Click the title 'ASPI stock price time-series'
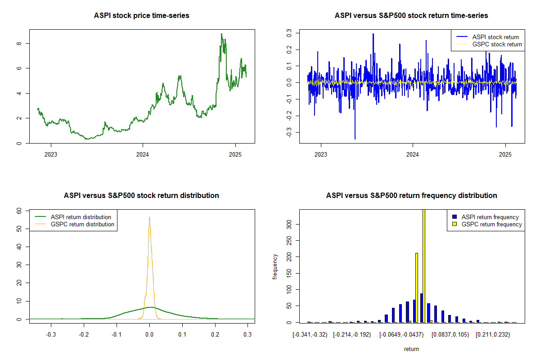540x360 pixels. pyautogui.click(x=141, y=15)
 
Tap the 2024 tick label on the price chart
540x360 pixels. pyautogui.click(x=143, y=154)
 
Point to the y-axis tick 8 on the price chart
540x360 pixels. pyautogui.click(x=19, y=43)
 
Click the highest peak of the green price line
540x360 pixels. pyautogui.click(x=221, y=34)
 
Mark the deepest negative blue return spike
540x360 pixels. pyautogui.click(x=355, y=139)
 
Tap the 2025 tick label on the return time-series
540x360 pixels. pyautogui.click(x=505, y=154)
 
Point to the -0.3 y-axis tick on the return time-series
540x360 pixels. pyautogui.click(x=289, y=132)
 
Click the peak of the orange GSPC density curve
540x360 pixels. pyautogui.click(x=149, y=217)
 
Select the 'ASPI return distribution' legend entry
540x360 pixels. pyautogui.click(x=73, y=217)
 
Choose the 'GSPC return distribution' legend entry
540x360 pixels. pyautogui.click(x=74, y=224)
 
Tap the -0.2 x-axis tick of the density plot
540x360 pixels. pyautogui.click(x=84, y=334)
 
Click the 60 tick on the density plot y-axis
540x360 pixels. pyautogui.click(x=19, y=211)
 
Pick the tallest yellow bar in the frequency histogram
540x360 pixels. pyautogui.click(x=424, y=265)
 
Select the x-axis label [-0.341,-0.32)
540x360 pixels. pyautogui.click(x=310, y=335)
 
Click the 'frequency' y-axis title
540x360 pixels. pyautogui.click(x=275, y=267)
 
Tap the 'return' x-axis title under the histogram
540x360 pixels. pyautogui.click(x=411, y=349)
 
